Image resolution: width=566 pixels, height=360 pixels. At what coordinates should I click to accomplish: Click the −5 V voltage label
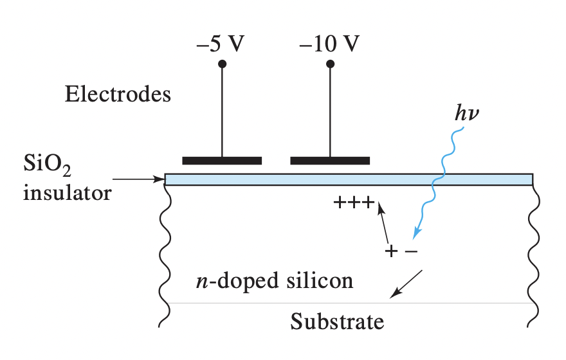[x=222, y=45]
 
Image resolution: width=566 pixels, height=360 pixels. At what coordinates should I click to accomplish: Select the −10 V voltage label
[x=329, y=45]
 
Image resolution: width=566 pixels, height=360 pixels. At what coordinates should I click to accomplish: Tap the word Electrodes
[x=118, y=95]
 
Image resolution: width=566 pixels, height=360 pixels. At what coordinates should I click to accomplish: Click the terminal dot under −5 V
[x=223, y=64]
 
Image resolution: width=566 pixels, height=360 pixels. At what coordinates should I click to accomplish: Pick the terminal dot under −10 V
[x=331, y=64]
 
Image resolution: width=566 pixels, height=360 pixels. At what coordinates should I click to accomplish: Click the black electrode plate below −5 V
[x=222, y=160]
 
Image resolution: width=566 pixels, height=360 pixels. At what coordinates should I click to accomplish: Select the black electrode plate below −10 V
[x=330, y=160]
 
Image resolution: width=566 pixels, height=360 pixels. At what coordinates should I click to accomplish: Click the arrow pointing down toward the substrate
[x=406, y=284]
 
